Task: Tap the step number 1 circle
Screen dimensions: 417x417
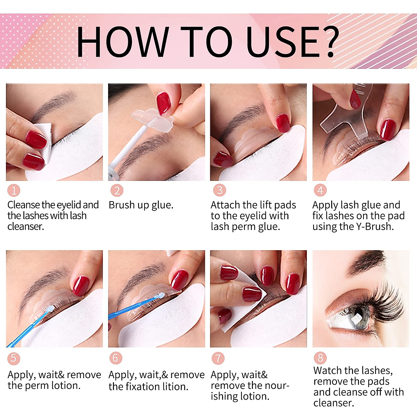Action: (x=14, y=190)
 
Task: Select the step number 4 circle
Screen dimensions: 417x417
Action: (x=320, y=190)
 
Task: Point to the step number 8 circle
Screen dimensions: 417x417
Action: (x=320, y=358)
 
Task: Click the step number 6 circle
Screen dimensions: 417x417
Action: (x=115, y=358)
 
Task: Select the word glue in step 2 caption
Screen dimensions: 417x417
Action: (x=162, y=205)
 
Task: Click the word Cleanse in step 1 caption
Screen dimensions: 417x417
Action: (x=24, y=205)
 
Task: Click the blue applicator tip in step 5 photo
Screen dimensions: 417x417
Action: (x=50, y=309)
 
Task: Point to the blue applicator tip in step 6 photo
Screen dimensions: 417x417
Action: (x=160, y=295)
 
